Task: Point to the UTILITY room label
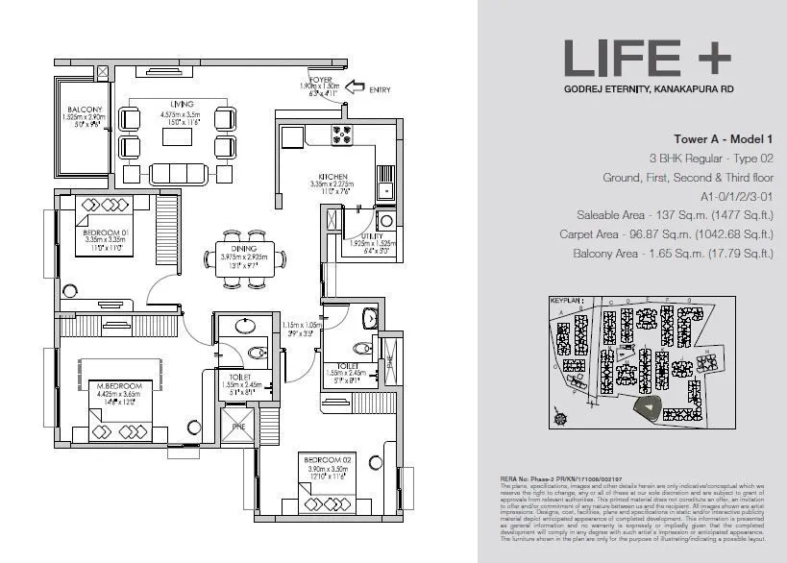pyautogui.click(x=372, y=235)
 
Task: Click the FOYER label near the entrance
pyautogui.click(x=320, y=79)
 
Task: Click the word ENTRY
pyautogui.click(x=381, y=89)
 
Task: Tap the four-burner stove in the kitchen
pyautogui.click(x=343, y=132)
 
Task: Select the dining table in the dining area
pyautogui.click(x=244, y=261)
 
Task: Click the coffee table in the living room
pyautogui.click(x=177, y=137)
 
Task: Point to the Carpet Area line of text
pyautogui.click(x=666, y=233)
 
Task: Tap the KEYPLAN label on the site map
pyautogui.click(x=566, y=301)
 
